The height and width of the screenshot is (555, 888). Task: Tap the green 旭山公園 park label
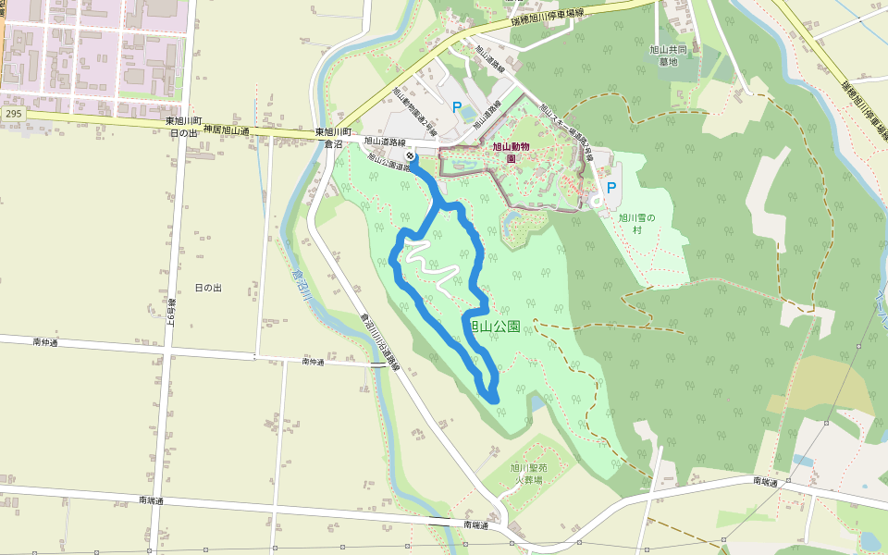[x=490, y=327]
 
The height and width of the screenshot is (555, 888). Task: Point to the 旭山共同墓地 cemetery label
[x=668, y=55]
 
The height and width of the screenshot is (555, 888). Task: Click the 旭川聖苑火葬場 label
[x=529, y=474]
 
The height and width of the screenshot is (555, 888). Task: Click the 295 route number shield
[x=12, y=113]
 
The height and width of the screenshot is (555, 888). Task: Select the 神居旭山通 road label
[x=228, y=130]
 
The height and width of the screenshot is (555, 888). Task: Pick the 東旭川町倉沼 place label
[x=328, y=138]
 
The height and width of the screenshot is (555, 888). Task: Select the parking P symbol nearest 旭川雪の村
[x=610, y=187]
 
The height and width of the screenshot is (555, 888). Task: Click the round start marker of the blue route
[x=410, y=155]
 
